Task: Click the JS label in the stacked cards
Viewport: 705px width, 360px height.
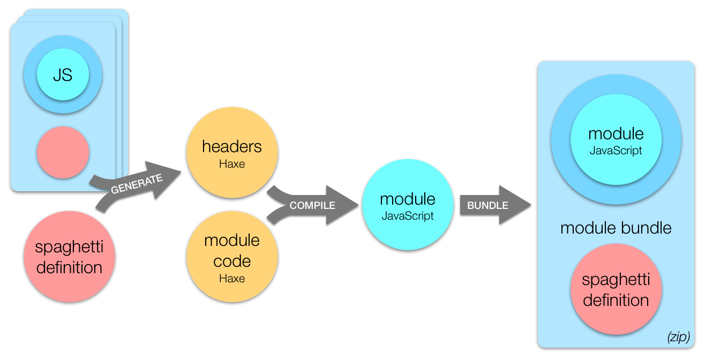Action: [x=63, y=75]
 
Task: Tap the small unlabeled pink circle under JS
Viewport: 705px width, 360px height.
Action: [x=63, y=153]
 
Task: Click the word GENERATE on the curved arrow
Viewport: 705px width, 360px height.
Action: [x=136, y=184]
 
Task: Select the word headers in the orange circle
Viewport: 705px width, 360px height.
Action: [x=232, y=146]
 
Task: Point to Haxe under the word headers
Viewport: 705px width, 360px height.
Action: [x=232, y=163]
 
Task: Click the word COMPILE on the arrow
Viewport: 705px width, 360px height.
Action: [x=312, y=205]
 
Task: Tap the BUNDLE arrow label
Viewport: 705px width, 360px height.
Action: [x=487, y=205]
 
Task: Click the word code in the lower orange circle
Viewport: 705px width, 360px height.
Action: [x=232, y=261]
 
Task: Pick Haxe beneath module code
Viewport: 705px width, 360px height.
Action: [x=232, y=279]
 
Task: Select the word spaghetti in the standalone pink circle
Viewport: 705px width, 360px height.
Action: [x=69, y=247]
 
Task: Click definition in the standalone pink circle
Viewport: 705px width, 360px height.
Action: [x=69, y=267]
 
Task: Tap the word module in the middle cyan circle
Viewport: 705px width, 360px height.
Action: [x=408, y=199]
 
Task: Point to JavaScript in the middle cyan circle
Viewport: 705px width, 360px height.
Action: [x=408, y=216]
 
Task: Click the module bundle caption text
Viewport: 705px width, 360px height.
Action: [x=616, y=228]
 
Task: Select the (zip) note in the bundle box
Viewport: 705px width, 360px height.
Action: [x=678, y=337]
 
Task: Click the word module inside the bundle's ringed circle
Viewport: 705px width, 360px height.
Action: [x=616, y=133]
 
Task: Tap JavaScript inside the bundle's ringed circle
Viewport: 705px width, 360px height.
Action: [x=616, y=151]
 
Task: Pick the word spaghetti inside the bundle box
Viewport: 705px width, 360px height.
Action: [x=616, y=280]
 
